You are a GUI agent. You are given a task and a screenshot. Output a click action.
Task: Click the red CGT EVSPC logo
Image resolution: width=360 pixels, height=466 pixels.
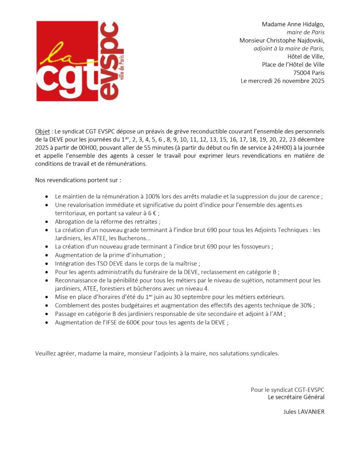tap(80, 61)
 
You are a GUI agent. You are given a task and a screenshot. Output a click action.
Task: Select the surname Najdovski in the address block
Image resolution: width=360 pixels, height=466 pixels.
tap(308, 40)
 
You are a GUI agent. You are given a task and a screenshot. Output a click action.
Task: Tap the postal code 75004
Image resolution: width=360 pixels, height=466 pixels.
tap(301, 73)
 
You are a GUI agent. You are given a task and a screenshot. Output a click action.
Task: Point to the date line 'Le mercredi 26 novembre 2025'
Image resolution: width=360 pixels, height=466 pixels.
tap(283, 81)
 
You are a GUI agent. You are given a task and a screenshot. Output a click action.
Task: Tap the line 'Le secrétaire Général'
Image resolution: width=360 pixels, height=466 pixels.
tap(296, 397)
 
